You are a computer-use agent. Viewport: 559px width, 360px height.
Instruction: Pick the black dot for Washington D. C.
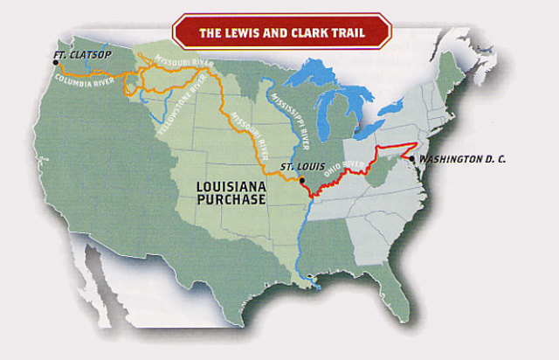point(412,158)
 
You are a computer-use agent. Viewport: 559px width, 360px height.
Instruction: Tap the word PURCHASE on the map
point(231,200)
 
